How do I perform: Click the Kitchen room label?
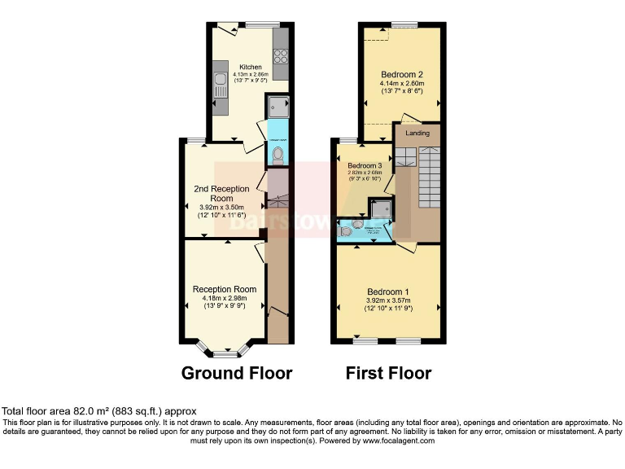tap(250, 67)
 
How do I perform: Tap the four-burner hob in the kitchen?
tap(282, 56)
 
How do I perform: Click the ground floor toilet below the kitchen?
tap(278, 154)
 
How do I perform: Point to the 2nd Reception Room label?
tap(221, 194)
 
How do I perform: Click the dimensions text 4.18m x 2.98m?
tap(224, 298)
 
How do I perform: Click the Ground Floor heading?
tap(236, 374)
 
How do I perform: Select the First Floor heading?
tap(388, 374)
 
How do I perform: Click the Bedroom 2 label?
tap(400, 74)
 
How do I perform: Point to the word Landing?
tap(417, 134)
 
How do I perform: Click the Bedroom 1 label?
tap(388, 291)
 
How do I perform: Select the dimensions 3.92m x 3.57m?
tap(388, 300)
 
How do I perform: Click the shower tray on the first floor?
tap(379, 209)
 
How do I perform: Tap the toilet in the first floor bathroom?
tap(347, 232)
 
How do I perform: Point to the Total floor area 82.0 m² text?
tap(99, 411)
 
